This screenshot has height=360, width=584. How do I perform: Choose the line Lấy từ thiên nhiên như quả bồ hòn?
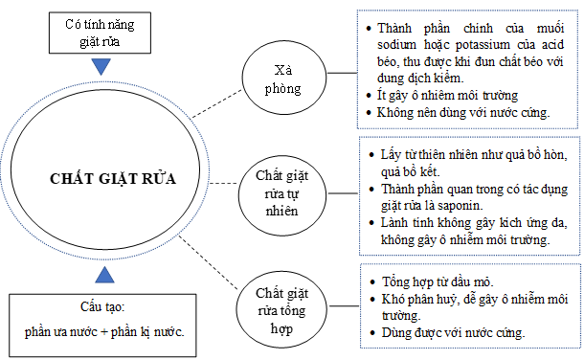[470, 154]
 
